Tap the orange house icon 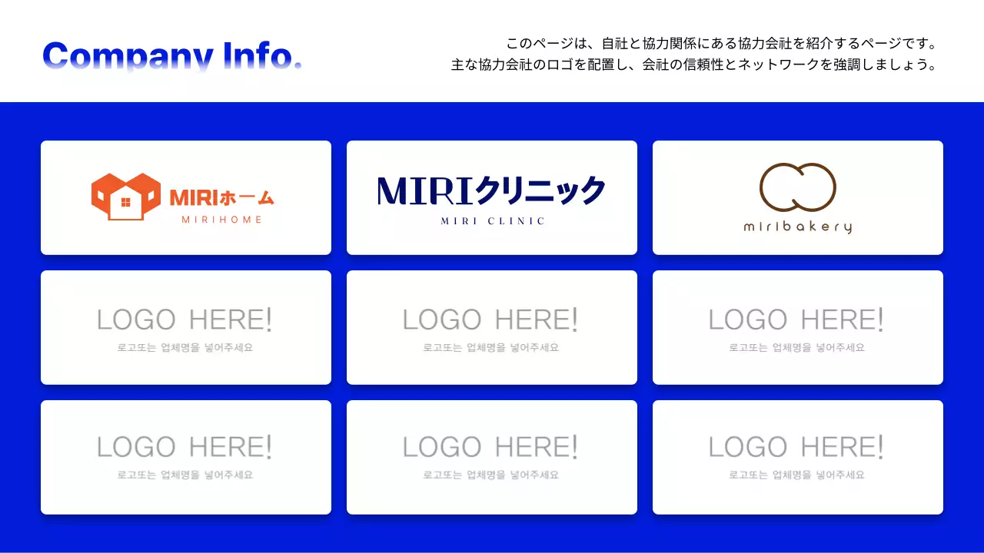tap(125, 197)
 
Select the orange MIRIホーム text tap(222, 197)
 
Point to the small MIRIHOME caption tap(221, 220)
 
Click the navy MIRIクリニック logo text tap(491, 190)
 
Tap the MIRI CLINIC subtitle tap(493, 221)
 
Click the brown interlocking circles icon tap(797, 187)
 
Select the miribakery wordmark tap(797, 227)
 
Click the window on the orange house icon tap(126, 204)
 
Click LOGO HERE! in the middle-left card tap(184, 320)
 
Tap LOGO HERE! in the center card tap(490, 320)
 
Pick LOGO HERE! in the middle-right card tap(796, 320)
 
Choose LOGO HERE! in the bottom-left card tap(184, 447)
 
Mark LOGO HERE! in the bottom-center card tap(490, 447)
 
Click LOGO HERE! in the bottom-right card tap(796, 447)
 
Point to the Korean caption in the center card tap(491, 348)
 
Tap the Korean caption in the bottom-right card tap(797, 475)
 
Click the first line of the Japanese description tap(721, 44)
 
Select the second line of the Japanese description tap(694, 65)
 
